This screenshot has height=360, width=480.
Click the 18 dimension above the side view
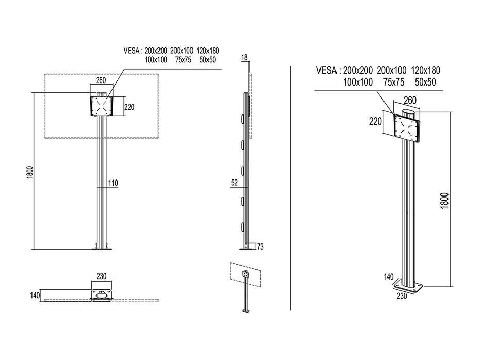click(244, 58)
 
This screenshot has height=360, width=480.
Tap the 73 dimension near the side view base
click(260, 247)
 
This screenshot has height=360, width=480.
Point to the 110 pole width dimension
click(113, 183)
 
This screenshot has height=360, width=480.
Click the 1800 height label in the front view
click(30, 172)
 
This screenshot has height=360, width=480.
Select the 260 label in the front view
click(101, 80)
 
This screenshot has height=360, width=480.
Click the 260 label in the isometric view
click(410, 100)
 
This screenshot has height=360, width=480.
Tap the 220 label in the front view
click(130, 107)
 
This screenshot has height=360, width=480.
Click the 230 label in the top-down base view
click(102, 276)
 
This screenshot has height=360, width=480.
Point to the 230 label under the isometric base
click(402, 296)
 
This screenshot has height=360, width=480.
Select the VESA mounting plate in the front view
click(102, 107)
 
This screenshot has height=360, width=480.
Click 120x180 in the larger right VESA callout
click(426, 70)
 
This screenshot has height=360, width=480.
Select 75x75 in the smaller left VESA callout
click(183, 60)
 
